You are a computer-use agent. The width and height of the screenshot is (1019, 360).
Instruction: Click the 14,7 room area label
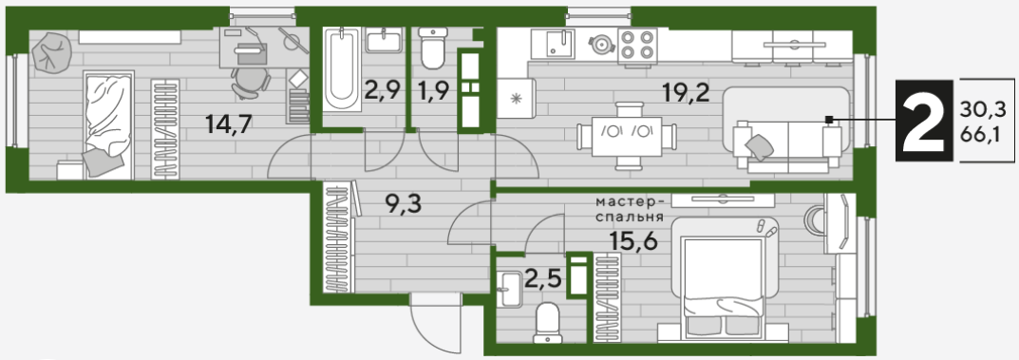point(228,123)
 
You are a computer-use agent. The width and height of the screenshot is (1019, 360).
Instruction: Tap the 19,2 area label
point(685,93)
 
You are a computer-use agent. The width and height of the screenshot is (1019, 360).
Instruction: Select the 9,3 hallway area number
point(404,204)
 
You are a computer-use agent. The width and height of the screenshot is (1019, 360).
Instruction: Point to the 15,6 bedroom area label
point(634,241)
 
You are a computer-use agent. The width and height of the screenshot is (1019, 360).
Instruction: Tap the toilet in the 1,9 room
point(432,47)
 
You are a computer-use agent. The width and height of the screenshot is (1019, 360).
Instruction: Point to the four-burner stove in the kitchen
point(636,47)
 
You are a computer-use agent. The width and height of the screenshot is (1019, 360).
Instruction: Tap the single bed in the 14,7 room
point(108,124)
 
